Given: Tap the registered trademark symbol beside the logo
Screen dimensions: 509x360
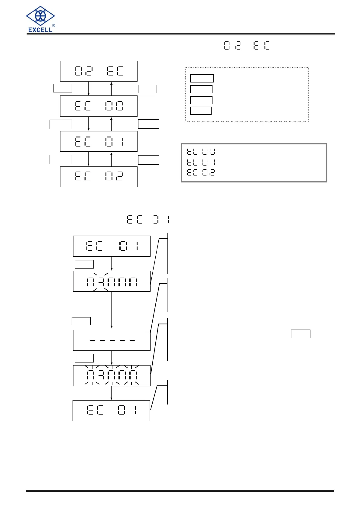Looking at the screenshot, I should tap(54, 26).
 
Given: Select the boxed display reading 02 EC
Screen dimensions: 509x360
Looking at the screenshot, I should tap(99, 71).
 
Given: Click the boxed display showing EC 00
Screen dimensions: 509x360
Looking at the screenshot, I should tap(99, 106).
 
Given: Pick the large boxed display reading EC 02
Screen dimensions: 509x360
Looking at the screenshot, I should tap(99, 177).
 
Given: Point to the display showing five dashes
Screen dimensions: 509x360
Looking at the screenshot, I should tap(112, 340).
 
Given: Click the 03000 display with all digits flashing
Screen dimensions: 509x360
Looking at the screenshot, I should tap(112, 375).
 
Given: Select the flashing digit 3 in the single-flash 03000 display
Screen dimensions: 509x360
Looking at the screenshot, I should tap(101, 282).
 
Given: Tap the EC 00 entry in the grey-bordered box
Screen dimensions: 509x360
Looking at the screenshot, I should tap(201, 151).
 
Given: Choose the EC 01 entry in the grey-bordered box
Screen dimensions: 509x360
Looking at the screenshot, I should tap(201, 162).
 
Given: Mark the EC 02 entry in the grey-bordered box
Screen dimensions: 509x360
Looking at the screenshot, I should tap(201, 173).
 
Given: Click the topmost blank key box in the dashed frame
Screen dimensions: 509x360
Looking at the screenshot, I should tap(202, 79).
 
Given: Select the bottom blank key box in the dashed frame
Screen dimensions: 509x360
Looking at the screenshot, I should tap(201, 111).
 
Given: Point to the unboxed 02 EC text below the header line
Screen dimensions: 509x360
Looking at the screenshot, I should tap(246, 46).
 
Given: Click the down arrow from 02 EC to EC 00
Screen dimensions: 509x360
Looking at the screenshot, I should tap(89, 89).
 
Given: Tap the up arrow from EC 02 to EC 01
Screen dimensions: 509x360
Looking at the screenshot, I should tap(112, 159).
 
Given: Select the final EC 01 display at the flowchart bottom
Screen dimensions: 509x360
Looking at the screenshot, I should tap(111, 411).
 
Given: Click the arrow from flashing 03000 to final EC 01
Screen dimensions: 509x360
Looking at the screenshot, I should tap(112, 393).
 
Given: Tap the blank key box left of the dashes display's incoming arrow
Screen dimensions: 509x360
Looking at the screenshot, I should tap(81, 321).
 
